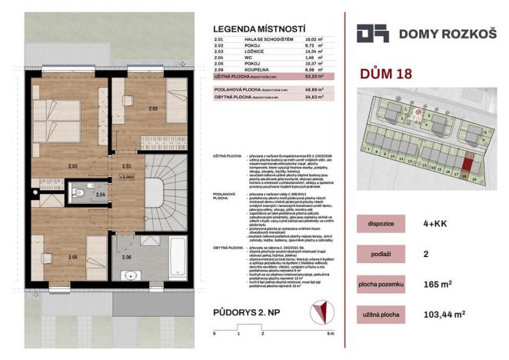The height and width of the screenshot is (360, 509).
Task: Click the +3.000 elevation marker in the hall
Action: pyautogui.click(x=127, y=175)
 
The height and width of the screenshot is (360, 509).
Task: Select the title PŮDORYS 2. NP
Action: pyautogui.click(x=249, y=312)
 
